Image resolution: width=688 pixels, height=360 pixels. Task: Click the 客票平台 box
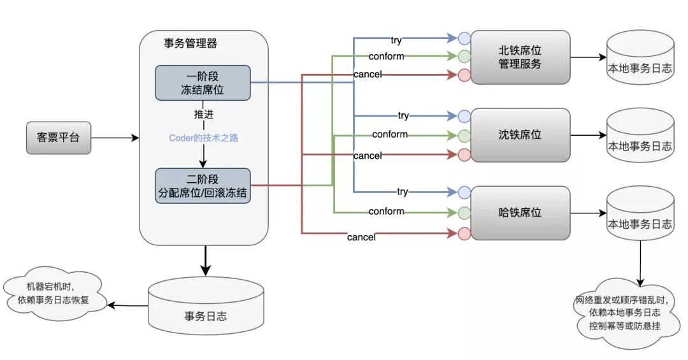59,138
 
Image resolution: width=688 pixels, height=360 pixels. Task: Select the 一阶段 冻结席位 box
203,83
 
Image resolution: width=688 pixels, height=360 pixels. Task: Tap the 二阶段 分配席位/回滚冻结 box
203,186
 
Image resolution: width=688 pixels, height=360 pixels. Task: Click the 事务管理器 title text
190,43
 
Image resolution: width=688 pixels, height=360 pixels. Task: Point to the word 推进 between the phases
204,115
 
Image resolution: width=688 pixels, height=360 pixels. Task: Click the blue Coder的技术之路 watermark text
204,138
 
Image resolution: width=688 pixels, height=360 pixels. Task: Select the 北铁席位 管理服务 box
520,57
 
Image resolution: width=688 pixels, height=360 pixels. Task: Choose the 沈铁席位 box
520,135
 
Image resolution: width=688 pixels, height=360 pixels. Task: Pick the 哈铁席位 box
520,213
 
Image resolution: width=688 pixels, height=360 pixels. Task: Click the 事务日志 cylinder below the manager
206,309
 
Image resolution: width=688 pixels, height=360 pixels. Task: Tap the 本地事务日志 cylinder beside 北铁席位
639,61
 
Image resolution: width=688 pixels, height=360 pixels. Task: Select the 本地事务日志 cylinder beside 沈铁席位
639,139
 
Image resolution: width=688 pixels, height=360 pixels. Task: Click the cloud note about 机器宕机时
54,294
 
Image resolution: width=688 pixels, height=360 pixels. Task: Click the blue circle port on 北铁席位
464,37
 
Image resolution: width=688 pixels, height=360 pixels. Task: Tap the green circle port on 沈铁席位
464,135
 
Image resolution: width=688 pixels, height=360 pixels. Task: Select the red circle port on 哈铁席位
464,233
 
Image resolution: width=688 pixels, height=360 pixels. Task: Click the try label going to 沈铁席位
403,116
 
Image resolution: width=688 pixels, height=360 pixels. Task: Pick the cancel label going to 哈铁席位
361,238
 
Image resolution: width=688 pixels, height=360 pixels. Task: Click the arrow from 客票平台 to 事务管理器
115,138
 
